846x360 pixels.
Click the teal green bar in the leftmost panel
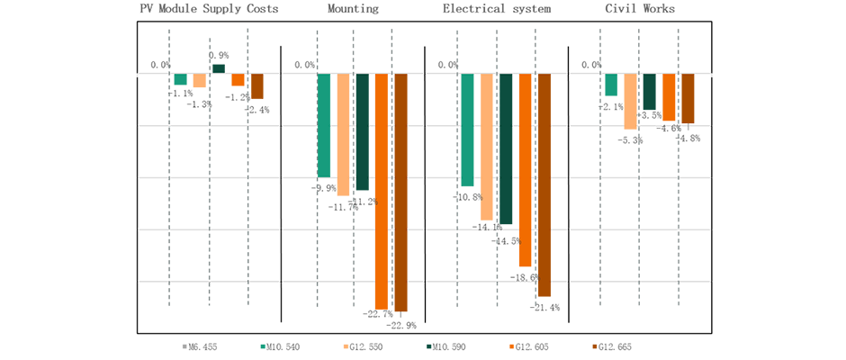[181, 81]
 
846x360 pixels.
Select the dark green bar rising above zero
[220, 67]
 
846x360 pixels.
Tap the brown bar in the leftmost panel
[259, 88]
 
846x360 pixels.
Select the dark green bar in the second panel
[363, 135]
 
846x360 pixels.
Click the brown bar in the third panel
[545, 189]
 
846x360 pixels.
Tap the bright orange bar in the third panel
[526, 171]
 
